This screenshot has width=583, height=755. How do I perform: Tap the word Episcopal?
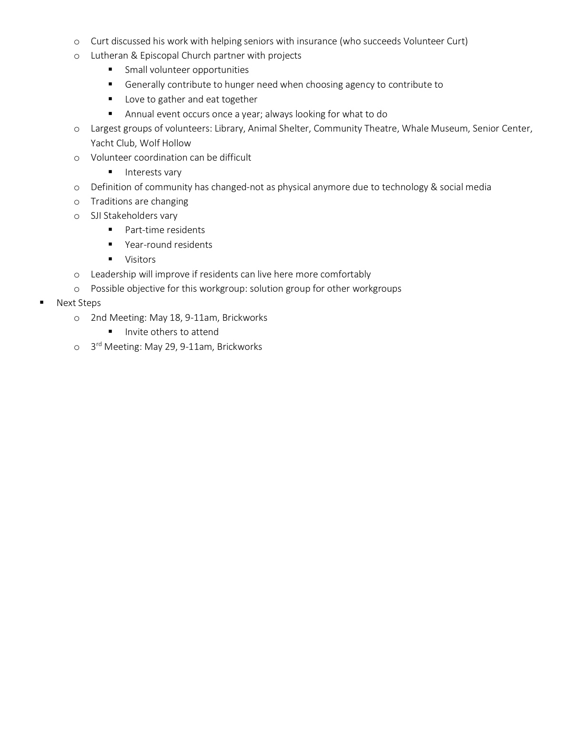159,55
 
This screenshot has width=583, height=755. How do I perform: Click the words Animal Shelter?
278,128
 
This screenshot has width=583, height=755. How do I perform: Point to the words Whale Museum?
434,128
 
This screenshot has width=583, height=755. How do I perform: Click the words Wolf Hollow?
165,143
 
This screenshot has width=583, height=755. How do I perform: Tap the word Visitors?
141,259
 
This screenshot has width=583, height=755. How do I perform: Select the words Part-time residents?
165,230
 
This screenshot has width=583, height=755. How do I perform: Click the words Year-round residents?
169,245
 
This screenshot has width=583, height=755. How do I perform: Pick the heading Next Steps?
79,303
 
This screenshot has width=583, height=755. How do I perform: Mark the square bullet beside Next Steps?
42,302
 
